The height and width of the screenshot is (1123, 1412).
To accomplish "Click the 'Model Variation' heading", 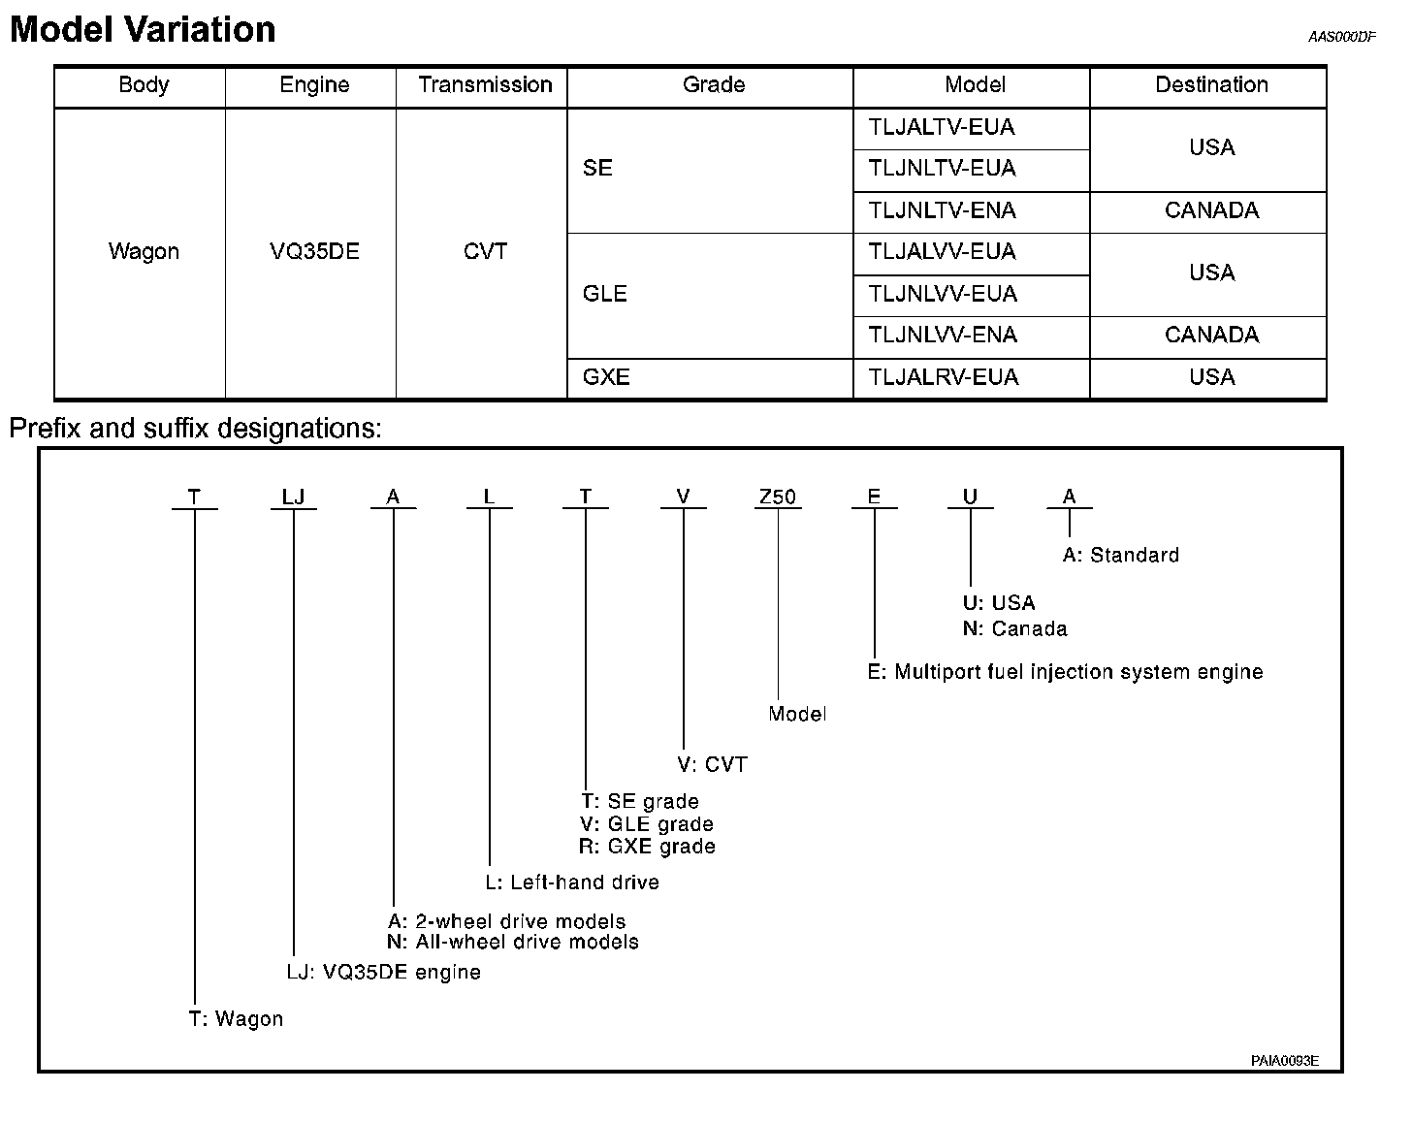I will (143, 30).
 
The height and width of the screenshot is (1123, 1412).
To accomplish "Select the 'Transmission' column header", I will (485, 85).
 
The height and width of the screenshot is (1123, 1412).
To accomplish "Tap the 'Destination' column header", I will (1211, 85).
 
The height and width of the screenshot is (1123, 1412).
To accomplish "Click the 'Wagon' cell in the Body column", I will (144, 252).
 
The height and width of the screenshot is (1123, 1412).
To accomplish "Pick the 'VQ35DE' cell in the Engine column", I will (314, 252).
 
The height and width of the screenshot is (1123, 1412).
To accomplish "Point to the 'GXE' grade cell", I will (606, 377).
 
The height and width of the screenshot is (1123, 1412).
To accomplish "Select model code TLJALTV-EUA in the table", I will (942, 128).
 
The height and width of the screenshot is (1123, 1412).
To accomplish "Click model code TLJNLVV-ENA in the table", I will (943, 336).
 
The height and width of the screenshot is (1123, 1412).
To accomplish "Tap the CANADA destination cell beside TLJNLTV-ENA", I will (1211, 211).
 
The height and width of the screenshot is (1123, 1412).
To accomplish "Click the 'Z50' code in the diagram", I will (777, 497).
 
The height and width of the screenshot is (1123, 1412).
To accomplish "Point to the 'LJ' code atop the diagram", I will (293, 497).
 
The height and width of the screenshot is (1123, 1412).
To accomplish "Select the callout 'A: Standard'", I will (1121, 556).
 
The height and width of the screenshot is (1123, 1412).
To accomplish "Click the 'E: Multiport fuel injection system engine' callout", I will (1065, 672).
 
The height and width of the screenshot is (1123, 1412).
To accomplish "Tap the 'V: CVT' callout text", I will (713, 765).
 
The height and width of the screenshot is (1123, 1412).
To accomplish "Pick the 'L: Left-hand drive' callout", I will (572, 882).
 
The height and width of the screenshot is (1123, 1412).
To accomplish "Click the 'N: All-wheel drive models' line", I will (513, 942).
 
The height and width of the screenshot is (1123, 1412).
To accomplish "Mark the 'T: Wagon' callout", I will (236, 1019).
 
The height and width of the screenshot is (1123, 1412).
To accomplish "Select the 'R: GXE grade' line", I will (647, 847).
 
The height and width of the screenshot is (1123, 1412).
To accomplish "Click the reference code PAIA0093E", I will (1284, 1061).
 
